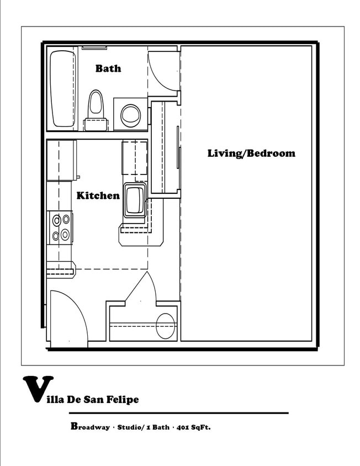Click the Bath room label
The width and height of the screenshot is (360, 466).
pos(108,68)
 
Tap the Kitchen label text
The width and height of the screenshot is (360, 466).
pos(98,195)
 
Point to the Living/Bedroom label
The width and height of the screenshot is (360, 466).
pos(251,153)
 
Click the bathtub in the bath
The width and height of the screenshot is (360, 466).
pos(63,89)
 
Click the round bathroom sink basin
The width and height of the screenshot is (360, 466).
pos(130,114)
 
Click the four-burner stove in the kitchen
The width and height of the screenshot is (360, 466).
pos(61,227)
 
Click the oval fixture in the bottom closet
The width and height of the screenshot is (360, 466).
pos(165,326)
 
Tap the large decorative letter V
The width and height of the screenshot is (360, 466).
pos(38,389)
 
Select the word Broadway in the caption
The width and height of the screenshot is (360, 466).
pos(90,426)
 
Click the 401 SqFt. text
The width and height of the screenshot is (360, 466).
pos(193,427)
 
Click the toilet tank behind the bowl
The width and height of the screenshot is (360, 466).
pos(96,124)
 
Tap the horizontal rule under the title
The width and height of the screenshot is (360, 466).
pos(179,413)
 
